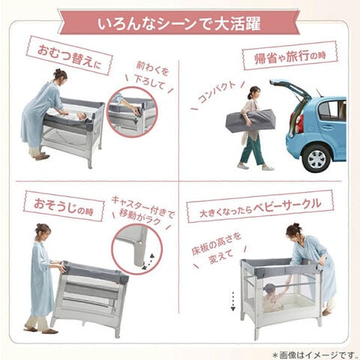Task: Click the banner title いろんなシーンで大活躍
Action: [x=179, y=24]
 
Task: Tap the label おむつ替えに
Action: [x=69, y=55]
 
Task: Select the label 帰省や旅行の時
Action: [x=290, y=56]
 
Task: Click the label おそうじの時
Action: [x=64, y=207]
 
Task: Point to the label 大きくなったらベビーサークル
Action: [x=260, y=206]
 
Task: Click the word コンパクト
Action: [x=217, y=91]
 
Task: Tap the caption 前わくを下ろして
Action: [x=150, y=76]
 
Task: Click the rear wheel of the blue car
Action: [x=316, y=158]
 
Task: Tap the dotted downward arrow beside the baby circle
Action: [x=233, y=301]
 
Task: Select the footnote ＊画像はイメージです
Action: [x=314, y=355]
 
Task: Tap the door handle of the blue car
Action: [x=328, y=127]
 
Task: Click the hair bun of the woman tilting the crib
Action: [x=40, y=226]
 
